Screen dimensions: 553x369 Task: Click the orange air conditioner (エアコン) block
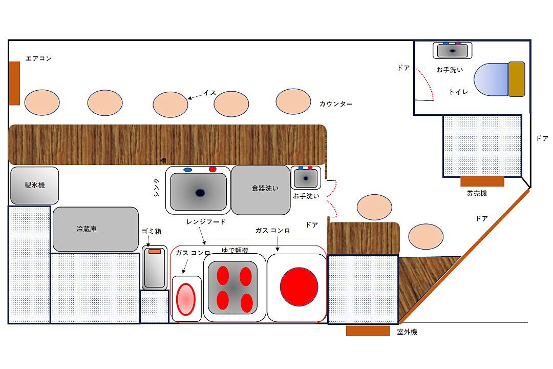(14, 84)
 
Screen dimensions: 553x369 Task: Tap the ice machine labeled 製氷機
(35, 186)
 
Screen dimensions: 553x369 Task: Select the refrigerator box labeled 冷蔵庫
(96, 229)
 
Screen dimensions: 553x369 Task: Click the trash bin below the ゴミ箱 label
(155, 268)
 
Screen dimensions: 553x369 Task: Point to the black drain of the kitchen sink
(200, 193)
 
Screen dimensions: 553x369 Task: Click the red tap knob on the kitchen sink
(212, 169)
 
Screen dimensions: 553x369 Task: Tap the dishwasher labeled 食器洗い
(261, 190)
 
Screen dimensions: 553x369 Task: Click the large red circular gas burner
(299, 286)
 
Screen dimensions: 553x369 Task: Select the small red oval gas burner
(185, 299)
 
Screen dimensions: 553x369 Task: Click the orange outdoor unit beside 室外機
(368, 331)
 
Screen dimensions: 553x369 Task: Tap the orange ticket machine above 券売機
(482, 181)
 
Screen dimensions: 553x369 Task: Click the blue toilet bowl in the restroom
(491, 79)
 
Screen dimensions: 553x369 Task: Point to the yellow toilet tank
(516, 79)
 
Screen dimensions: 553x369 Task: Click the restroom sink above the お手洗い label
(453, 50)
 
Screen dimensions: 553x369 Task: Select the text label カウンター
(336, 104)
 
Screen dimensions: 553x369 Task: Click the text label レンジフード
(206, 222)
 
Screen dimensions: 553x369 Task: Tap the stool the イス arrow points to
(171, 105)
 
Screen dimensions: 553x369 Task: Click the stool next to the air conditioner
(42, 102)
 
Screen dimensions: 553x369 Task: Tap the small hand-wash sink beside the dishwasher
(306, 178)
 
